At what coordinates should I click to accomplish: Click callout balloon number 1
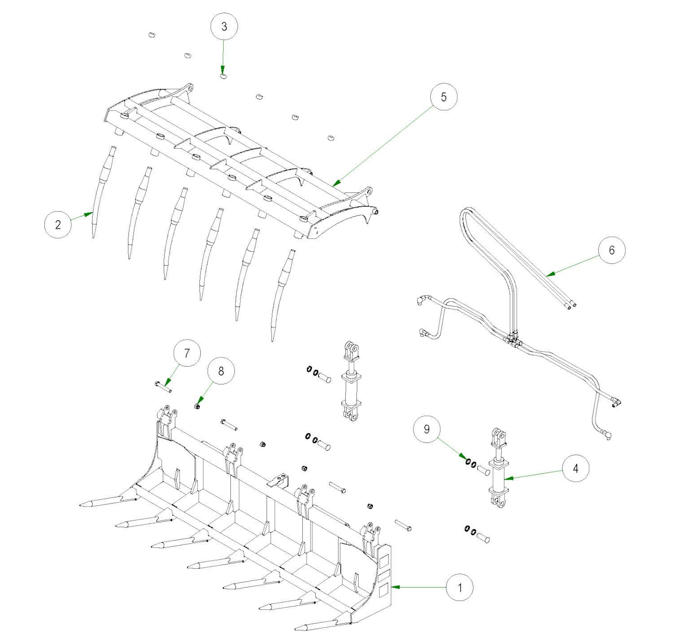(459, 587)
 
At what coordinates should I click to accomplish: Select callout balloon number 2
(58, 224)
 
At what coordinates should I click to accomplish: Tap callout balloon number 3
(224, 27)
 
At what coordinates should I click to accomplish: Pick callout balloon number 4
(576, 468)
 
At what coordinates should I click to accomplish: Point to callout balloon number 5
(443, 97)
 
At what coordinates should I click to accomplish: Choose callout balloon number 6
(611, 250)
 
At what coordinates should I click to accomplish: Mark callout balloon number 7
(187, 353)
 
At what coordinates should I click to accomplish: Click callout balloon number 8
(221, 370)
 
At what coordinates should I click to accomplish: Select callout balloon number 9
(426, 429)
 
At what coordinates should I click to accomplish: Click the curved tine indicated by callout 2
(100, 192)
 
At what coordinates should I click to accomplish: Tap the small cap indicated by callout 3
(223, 76)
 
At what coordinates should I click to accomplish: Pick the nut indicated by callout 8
(197, 407)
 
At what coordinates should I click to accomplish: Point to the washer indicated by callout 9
(468, 462)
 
